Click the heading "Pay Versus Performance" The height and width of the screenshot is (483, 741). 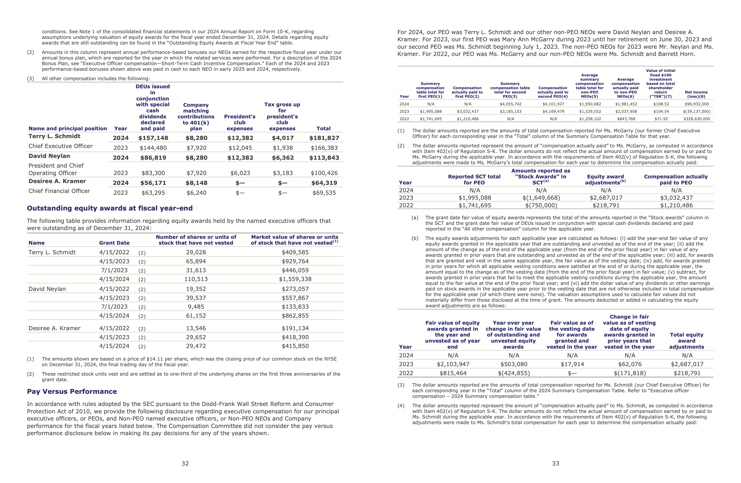pos(72,391)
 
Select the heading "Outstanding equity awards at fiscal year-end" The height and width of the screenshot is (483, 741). pos(110,208)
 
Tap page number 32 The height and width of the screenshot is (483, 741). pos(185,463)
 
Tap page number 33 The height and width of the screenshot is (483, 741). pos(556,463)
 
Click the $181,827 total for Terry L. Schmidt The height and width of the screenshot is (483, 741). pos(324,138)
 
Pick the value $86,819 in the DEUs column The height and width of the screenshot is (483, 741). pos(153,158)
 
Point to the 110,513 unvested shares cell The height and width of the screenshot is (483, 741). pos(196,279)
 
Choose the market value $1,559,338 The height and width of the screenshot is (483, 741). pos(295,279)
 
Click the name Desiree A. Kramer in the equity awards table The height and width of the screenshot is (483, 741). pos(55,328)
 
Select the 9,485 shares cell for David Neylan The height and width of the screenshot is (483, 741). pos(196,307)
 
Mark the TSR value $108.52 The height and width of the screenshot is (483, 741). pos(661,104)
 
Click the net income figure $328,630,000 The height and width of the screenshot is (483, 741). pos(697,119)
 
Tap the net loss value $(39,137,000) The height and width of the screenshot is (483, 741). pos(697,111)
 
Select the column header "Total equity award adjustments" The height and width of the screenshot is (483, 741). pos(686,341)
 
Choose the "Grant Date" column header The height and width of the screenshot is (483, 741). pos(114,243)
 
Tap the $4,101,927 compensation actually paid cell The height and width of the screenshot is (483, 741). pos(553,104)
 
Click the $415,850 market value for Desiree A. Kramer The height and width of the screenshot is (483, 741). pos(295,346)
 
